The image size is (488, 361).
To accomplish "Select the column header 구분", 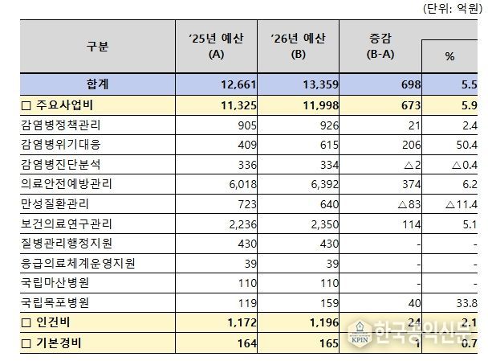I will (97, 47).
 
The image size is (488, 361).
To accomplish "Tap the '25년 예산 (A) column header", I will (214, 47).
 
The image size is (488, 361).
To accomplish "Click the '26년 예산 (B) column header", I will (298, 47).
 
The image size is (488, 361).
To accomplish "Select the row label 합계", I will (97, 82).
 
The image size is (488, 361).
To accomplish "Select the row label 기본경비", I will (54, 344).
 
